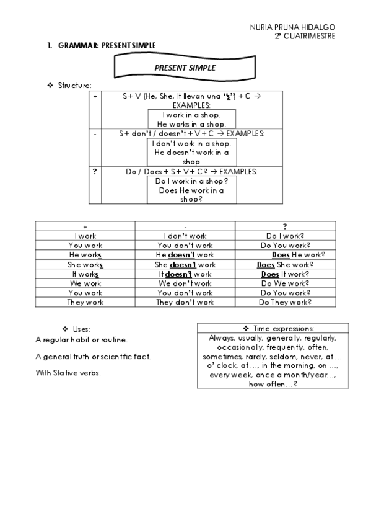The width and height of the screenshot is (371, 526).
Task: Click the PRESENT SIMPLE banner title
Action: pyautogui.click(x=185, y=68)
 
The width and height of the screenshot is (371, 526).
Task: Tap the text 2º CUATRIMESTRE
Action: pyautogui.click(x=305, y=36)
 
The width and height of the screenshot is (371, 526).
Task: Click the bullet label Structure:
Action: pyautogui.click(x=75, y=85)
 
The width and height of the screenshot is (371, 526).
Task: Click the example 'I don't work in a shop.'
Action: pyautogui.click(x=191, y=143)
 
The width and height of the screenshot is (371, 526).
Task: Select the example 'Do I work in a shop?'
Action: pyautogui.click(x=191, y=181)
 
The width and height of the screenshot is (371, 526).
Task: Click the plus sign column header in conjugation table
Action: pyautogui.click(x=85, y=227)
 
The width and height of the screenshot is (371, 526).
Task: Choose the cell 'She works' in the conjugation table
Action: pyautogui.click(x=85, y=264)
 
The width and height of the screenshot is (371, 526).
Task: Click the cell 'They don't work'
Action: pyautogui.click(x=185, y=302)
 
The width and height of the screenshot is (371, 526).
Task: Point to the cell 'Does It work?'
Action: pyautogui.click(x=284, y=274)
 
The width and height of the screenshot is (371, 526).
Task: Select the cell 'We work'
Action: pyautogui.click(x=85, y=283)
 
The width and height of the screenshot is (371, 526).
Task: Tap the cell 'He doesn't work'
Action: pyautogui.click(x=185, y=255)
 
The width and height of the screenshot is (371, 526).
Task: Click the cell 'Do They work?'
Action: pyautogui.click(x=284, y=302)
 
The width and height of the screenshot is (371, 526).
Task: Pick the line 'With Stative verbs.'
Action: pyautogui.click(x=68, y=373)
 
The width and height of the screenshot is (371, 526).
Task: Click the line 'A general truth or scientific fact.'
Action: pyautogui.click(x=93, y=357)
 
